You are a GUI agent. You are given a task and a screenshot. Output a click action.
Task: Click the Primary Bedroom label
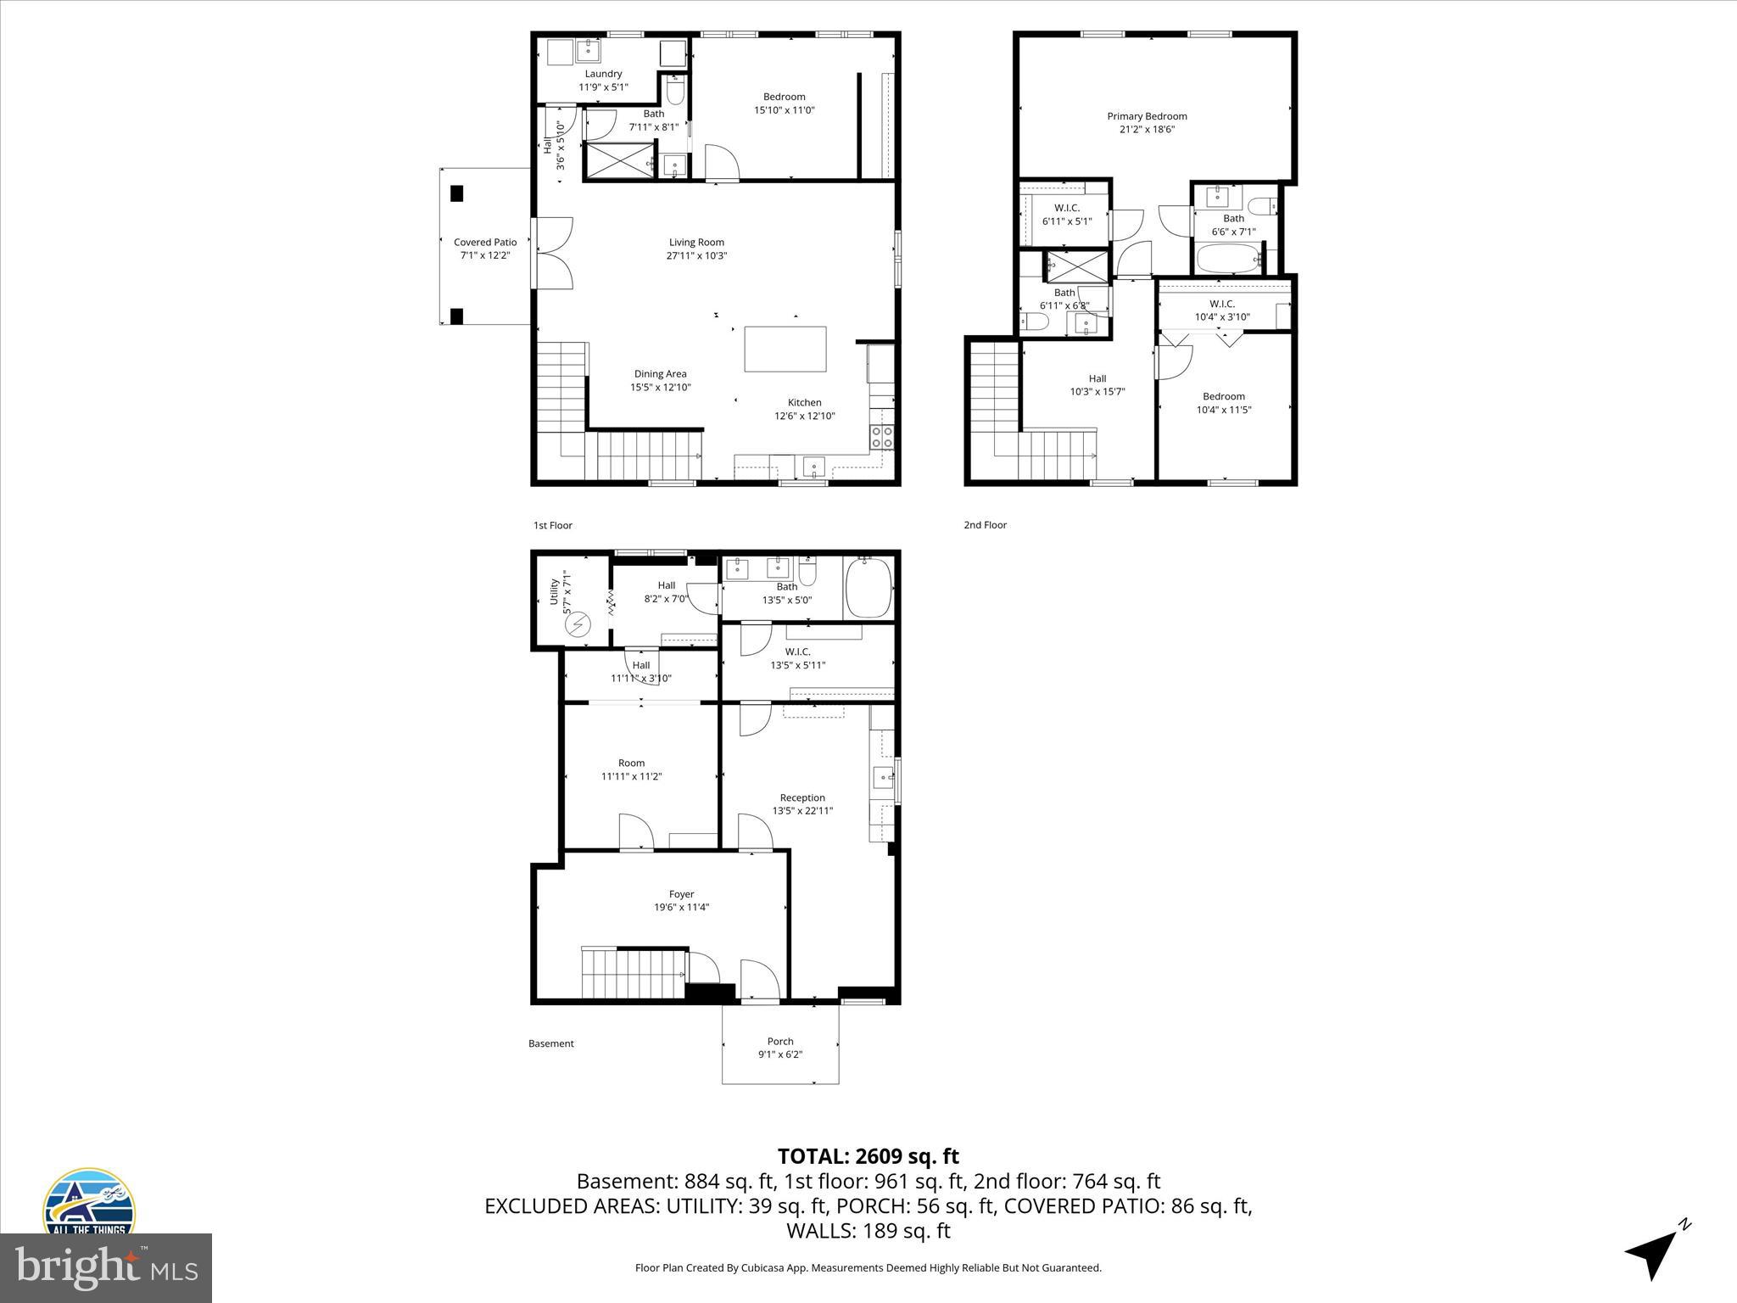pyautogui.click(x=1147, y=116)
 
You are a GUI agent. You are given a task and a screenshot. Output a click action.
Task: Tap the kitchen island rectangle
pyautogui.click(x=785, y=349)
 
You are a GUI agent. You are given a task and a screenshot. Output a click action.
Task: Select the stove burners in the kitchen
pyautogui.click(x=881, y=437)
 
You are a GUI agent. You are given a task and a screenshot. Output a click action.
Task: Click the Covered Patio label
pyautogui.click(x=485, y=243)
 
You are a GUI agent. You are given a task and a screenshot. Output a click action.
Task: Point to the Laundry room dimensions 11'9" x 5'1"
pyautogui.click(x=603, y=87)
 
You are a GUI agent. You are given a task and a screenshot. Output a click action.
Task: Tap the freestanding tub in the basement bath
pyautogui.click(x=868, y=587)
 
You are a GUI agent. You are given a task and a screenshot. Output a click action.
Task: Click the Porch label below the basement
pyautogui.click(x=780, y=1041)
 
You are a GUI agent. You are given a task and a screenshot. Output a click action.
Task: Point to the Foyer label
pyautogui.click(x=681, y=894)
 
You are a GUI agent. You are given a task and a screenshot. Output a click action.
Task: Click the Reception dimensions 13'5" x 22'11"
pyautogui.click(x=802, y=811)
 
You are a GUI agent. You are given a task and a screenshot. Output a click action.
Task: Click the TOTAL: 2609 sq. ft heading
pyautogui.click(x=868, y=1156)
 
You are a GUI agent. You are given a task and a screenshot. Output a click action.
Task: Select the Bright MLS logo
pyautogui.click(x=105, y=1267)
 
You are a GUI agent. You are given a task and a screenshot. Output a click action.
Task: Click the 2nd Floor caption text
pyautogui.click(x=985, y=525)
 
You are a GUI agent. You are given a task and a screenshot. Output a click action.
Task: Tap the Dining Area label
pyautogui.click(x=660, y=374)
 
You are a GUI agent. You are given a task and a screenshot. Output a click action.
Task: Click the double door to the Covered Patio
pyautogui.click(x=553, y=253)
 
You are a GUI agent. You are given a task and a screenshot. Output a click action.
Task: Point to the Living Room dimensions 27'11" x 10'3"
pyautogui.click(x=696, y=256)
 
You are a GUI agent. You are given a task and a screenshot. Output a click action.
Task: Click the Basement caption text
pyautogui.click(x=550, y=1043)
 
